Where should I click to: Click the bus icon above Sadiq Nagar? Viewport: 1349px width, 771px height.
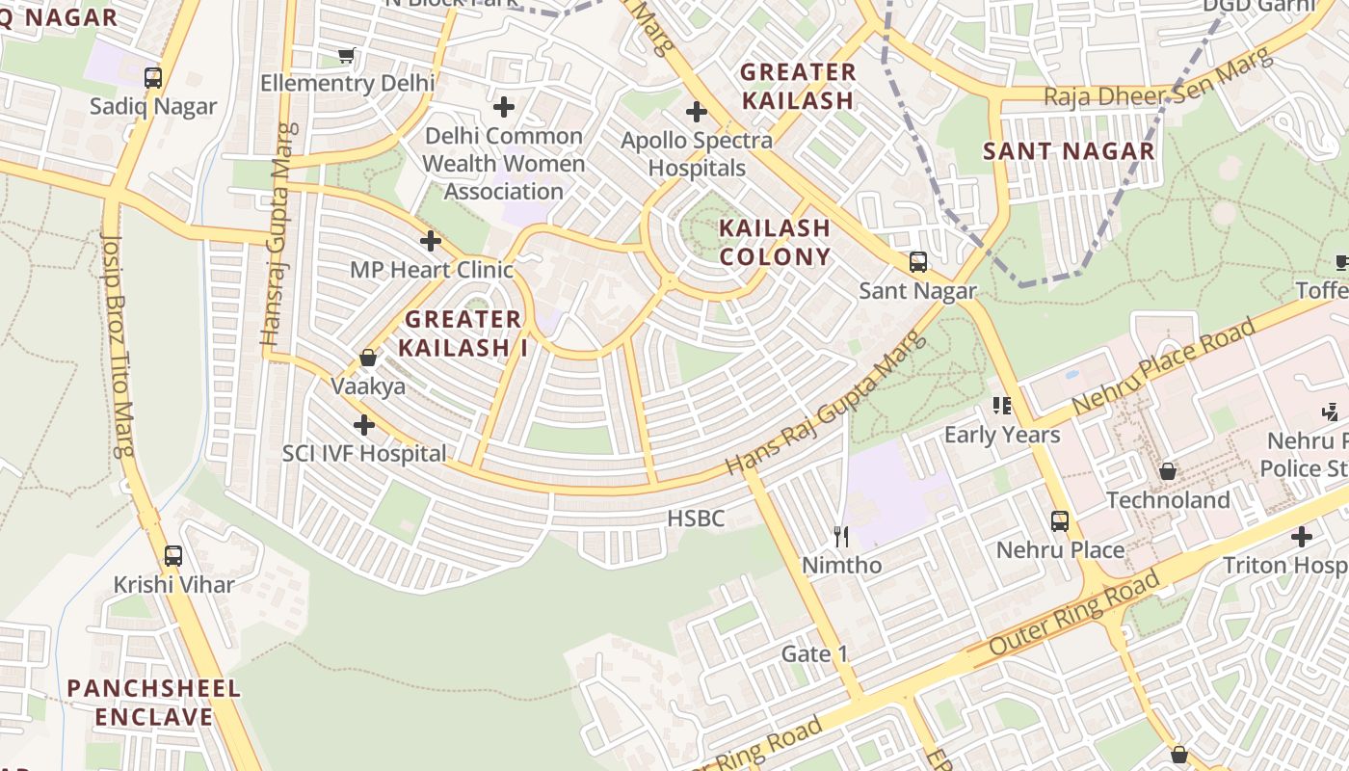point(152,78)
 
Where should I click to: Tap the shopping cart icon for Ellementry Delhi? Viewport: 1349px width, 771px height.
point(347,56)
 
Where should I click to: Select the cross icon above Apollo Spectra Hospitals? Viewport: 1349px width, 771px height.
point(696,112)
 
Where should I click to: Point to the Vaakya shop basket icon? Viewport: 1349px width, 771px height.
point(368,359)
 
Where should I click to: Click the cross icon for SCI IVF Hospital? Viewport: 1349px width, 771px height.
point(364,425)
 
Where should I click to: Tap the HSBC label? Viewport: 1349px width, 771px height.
point(695,518)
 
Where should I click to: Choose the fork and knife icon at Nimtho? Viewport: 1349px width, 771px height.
point(842,537)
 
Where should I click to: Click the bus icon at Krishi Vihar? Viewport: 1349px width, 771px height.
point(173,556)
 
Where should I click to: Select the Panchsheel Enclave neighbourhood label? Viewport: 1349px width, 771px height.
point(154,703)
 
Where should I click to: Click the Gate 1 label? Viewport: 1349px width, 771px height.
point(814,654)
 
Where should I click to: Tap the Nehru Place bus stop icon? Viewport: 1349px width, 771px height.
point(1060,521)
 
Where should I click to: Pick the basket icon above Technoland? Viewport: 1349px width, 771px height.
point(1168,471)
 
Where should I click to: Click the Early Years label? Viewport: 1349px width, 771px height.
point(1001,435)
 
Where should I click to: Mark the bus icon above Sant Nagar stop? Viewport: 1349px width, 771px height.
point(917,262)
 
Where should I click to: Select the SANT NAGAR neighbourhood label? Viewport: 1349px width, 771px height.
point(1069,151)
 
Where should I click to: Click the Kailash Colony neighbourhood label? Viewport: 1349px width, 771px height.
point(775,242)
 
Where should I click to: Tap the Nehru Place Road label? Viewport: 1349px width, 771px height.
point(1166,367)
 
